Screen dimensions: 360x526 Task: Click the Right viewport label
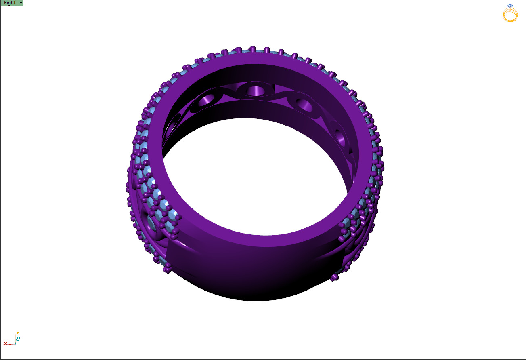[9, 3]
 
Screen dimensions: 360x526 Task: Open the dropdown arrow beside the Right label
[21, 3]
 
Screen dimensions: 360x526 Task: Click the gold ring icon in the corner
[510, 15]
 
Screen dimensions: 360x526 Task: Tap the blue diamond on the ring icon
[510, 6]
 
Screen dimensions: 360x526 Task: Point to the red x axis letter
[6, 343]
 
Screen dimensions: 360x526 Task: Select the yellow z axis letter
[17, 334]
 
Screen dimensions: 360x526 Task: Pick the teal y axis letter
[19, 338]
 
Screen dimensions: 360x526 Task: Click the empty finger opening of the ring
[254, 178]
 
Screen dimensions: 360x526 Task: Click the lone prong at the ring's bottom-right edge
[334, 277]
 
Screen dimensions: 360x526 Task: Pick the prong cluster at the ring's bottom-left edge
[167, 268]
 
